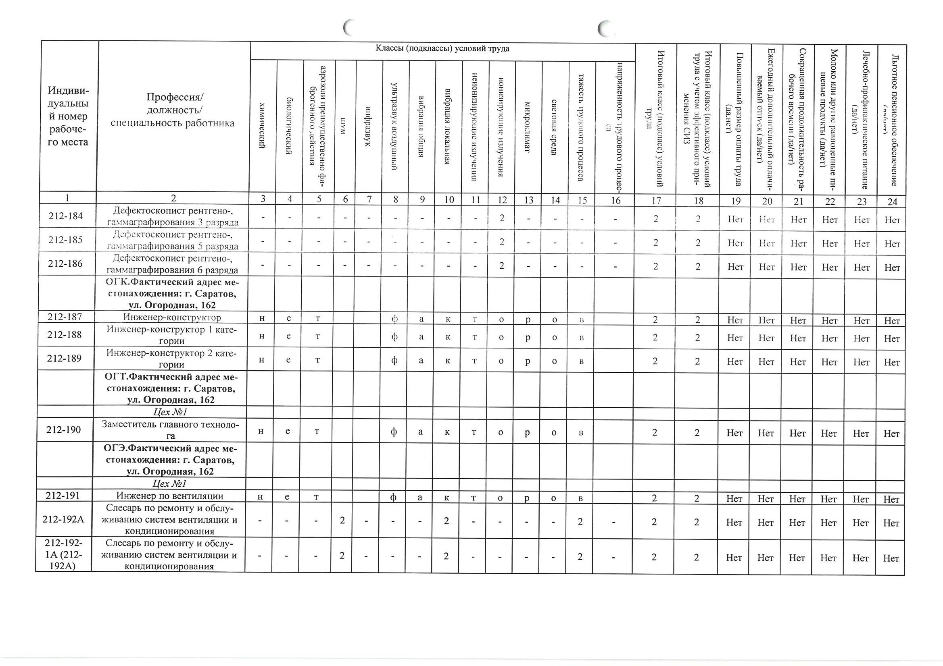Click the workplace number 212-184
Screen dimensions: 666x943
pyautogui.click(x=65, y=216)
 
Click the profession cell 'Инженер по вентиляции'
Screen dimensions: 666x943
pyautogui.click(x=170, y=496)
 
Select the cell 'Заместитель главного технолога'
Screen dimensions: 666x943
pyautogui.click(x=170, y=430)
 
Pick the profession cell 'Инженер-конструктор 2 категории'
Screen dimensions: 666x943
pyautogui.click(x=171, y=359)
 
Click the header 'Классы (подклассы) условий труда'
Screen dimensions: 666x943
pyautogui.click(x=442, y=49)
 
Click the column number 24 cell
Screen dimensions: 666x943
pyautogui.click(x=892, y=201)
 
